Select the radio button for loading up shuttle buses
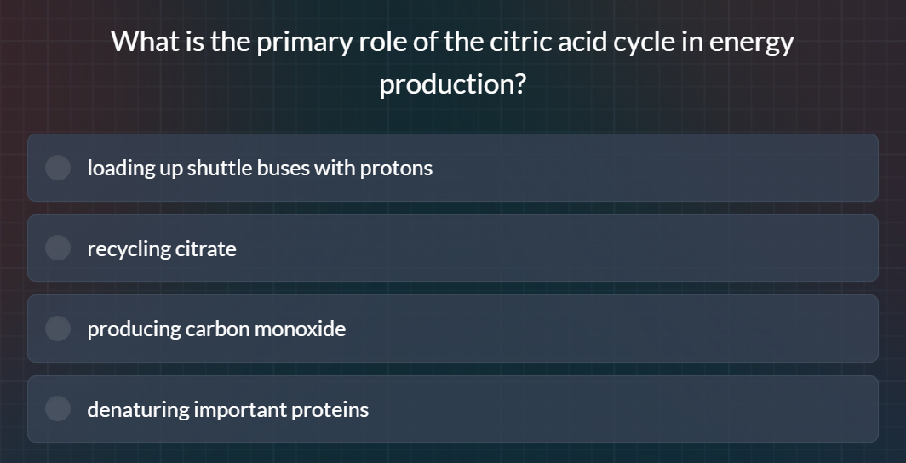58,168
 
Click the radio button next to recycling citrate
58,249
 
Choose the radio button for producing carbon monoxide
58,329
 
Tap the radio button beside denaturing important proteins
58,409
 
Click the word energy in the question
751,42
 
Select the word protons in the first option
396,168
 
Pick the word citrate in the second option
205,249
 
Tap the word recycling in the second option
128,249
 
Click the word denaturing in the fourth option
138,409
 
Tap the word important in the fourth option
240,409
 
